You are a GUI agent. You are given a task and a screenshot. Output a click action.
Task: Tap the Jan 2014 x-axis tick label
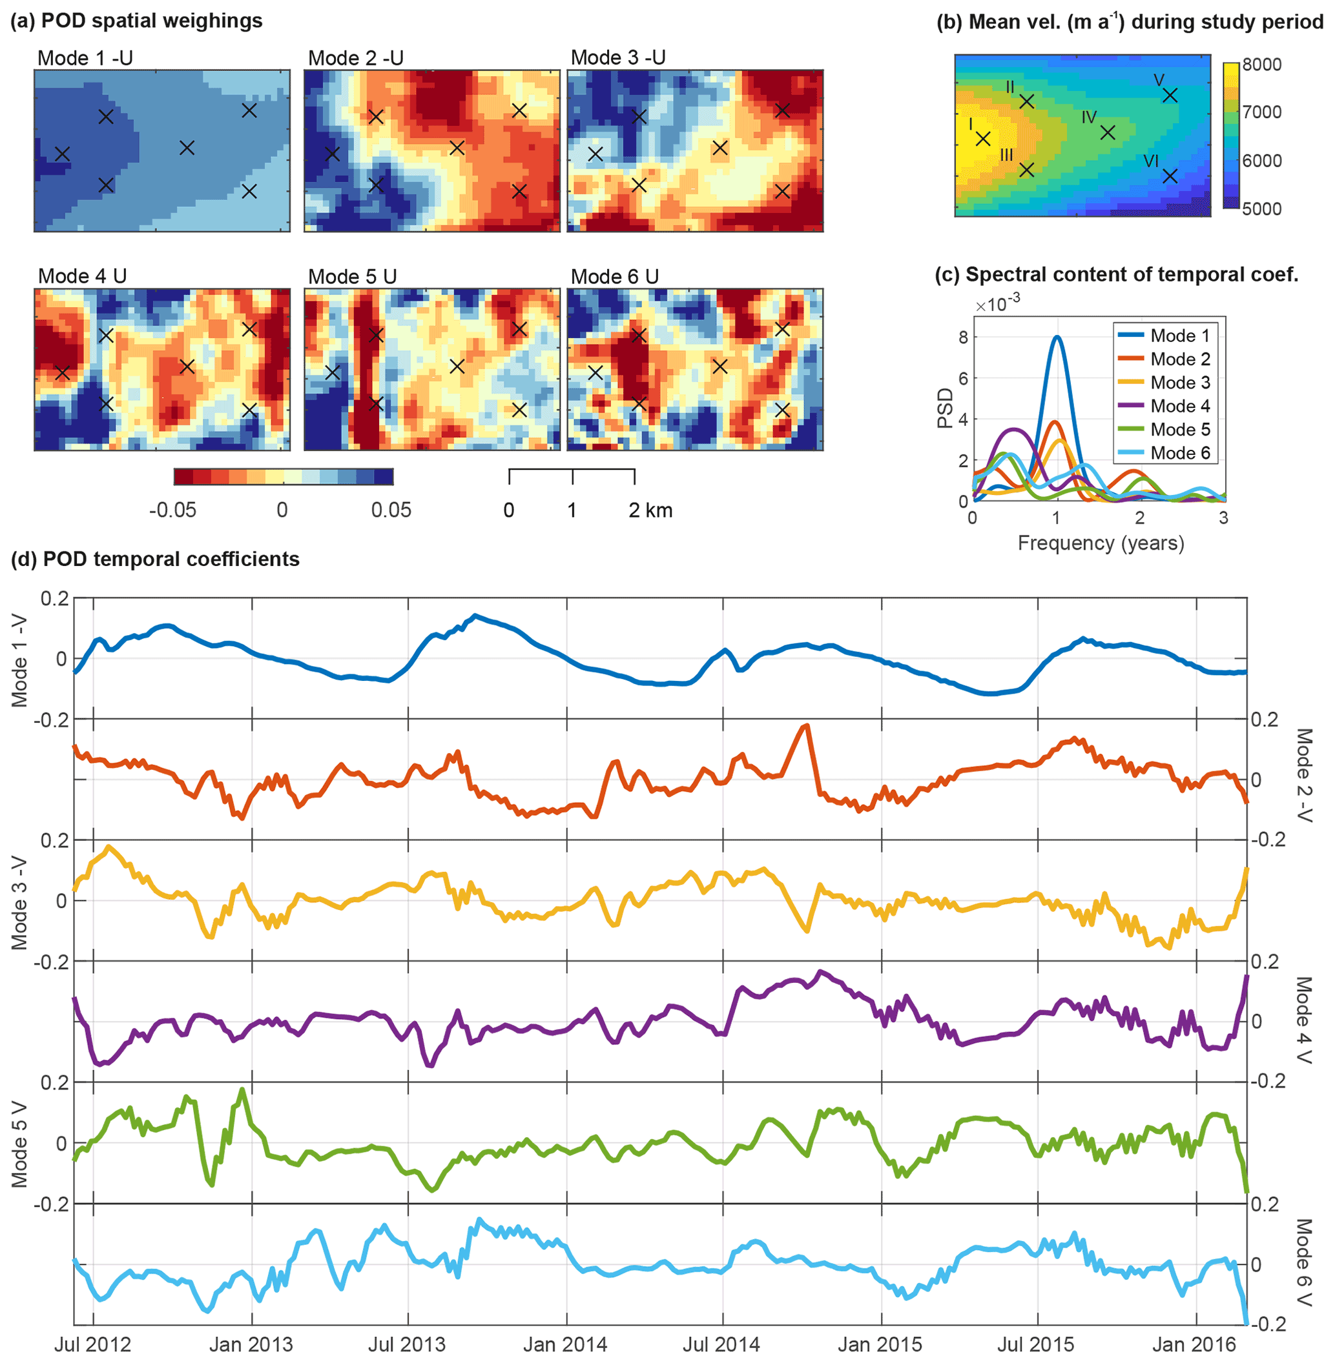(565, 1345)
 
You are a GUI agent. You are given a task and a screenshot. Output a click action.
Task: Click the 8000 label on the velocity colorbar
(1262, 65)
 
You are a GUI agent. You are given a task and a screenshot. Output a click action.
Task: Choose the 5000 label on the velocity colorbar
(1262, 209)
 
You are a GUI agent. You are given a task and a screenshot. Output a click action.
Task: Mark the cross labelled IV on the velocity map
(1107, 132)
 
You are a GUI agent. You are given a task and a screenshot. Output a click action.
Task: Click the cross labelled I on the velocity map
(983, 139)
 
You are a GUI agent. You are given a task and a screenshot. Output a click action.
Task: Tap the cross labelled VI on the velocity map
(1170, 176)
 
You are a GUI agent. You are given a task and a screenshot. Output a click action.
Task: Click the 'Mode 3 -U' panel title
(617, 57)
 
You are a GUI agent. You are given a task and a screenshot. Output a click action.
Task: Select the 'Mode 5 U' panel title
(352, 277)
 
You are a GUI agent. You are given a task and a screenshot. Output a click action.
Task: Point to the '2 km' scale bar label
(650, 510)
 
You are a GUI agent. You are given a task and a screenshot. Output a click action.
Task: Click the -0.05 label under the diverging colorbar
(172, 510)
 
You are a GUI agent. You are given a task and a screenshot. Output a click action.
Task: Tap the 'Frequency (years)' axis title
(1100, 543)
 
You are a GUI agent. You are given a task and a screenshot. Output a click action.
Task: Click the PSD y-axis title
(946, 408)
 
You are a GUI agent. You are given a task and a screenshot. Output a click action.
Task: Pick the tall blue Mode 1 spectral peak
(1057, 338)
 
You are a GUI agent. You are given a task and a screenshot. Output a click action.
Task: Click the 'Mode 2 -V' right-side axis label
(1303, 778)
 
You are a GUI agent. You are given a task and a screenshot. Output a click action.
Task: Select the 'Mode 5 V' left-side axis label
(19, 1144)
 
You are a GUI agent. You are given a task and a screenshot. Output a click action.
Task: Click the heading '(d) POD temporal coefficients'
(155, 560)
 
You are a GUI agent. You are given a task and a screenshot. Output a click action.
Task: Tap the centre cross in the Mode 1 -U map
(187, 148)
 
